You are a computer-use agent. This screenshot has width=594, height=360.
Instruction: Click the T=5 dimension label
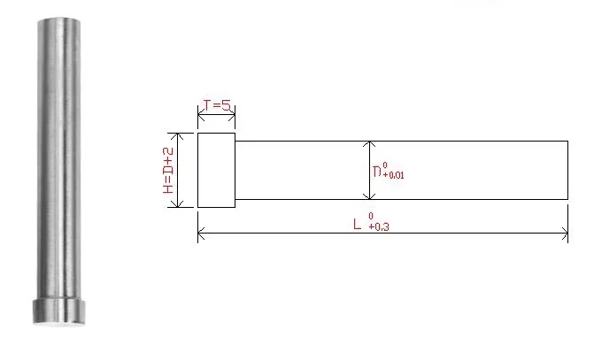click(x=217, y=105)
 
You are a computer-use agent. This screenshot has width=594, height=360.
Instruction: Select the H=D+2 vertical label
click(x=168, y=171)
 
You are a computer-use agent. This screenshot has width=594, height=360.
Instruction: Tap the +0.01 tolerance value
click(x=393, y=175)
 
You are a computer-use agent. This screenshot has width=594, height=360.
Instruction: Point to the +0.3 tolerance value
click(x=379, y=226)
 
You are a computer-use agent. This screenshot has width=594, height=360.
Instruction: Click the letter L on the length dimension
click(x=357, y=224)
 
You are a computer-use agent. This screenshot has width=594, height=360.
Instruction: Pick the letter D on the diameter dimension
click(x=377, y=172)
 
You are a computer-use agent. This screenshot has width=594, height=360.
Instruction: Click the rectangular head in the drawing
click(x=216, y=170)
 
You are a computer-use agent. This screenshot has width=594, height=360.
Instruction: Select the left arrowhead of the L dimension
click(x=201, y=234)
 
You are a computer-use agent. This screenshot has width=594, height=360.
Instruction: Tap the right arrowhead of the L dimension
click(x=565, y=234)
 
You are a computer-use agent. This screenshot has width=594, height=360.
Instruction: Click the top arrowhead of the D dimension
click(x=369, y=144)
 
